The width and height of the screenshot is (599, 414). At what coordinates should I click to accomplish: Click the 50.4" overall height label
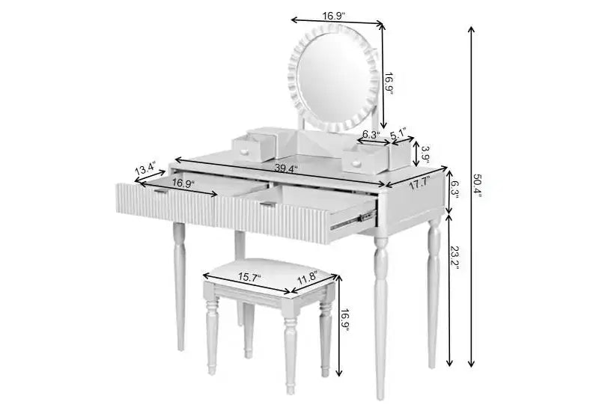point(478,186)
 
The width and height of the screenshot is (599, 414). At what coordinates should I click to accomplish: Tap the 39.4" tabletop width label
point(286,168)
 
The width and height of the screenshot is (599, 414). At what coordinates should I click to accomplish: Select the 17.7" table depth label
point(420,183)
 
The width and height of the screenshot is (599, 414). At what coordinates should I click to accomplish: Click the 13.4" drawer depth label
point(145,168)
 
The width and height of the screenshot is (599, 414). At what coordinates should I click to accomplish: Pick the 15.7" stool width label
point(249,277)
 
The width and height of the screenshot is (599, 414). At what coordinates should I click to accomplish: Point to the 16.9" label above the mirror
point(334,16)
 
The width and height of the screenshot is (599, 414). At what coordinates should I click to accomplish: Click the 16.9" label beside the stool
point(345,320)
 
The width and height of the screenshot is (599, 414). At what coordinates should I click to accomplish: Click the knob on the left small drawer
point(244,153)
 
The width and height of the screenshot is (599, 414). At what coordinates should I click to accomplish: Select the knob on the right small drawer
point(356,164)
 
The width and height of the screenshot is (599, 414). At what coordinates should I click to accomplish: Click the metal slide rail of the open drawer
point(351,221)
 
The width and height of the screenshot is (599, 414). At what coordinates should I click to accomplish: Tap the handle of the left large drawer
point(161,190)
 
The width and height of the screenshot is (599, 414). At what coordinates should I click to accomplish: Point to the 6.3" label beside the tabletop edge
point(454,189)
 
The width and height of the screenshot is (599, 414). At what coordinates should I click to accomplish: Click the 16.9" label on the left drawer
point(183,183)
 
